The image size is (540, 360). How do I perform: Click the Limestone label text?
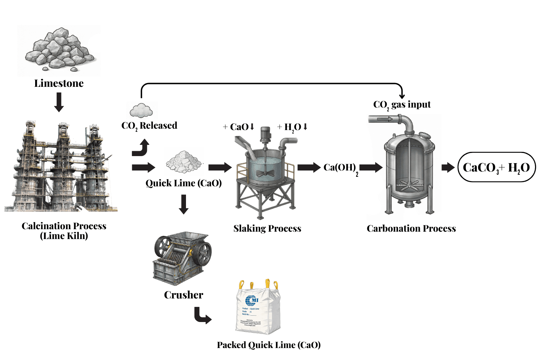tap(59, 83)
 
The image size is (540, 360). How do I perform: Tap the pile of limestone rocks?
tap(59, 49)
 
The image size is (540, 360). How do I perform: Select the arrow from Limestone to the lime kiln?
tap(59, 102)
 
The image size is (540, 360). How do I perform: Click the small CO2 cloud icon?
tap(141, 110)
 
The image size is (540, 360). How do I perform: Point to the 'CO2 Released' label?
tap(149, 126)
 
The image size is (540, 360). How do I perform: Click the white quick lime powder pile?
tap(184, 162)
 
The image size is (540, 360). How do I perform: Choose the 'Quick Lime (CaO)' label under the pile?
tap(184, 183)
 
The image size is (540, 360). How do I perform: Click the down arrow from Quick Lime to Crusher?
tap(184, 204)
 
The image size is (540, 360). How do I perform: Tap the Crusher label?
tap(184, 295)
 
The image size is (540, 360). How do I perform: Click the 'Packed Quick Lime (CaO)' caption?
tap(269, 345)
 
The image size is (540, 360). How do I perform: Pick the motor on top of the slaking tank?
tap(265, 134)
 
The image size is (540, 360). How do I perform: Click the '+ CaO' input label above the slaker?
tap(239, 127)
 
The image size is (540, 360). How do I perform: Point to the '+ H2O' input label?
tap(292, 127)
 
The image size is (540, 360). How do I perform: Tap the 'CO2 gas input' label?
tap(402, 105)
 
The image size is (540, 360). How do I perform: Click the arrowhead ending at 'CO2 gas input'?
tap(402, 96)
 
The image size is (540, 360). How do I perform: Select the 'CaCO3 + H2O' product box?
tap(496, 167)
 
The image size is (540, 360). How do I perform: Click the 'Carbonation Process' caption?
tap(411, 229)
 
